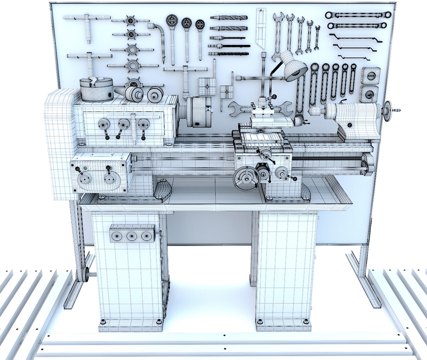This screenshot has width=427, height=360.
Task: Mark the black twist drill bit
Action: click(230, 46)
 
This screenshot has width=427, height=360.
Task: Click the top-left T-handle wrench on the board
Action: click(88, 25)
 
